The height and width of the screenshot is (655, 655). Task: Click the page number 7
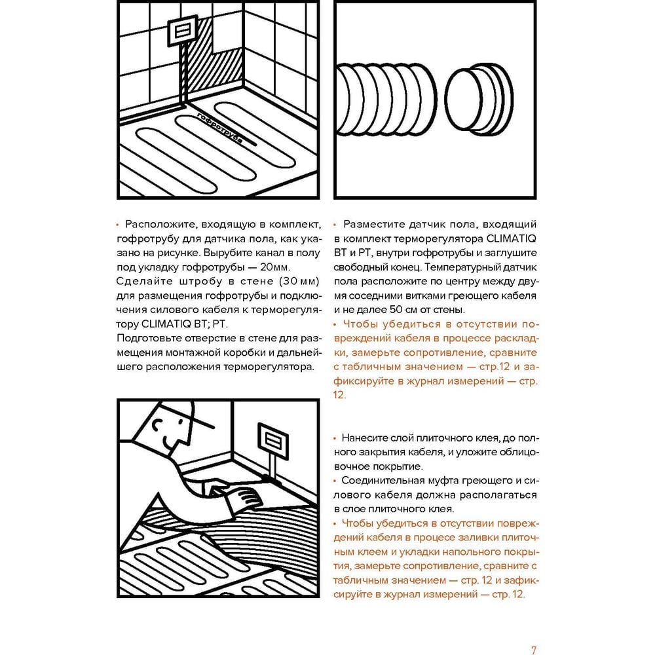(533, 650)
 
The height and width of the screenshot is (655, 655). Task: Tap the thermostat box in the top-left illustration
(182, 30)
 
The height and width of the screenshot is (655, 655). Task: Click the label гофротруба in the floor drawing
(219, 128)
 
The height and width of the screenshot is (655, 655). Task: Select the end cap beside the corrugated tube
(479, 100)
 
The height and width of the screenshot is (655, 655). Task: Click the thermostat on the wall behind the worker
(272, 440)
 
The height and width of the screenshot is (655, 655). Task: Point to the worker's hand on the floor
(244, 497)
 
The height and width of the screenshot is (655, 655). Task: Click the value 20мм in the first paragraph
(275, 267)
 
